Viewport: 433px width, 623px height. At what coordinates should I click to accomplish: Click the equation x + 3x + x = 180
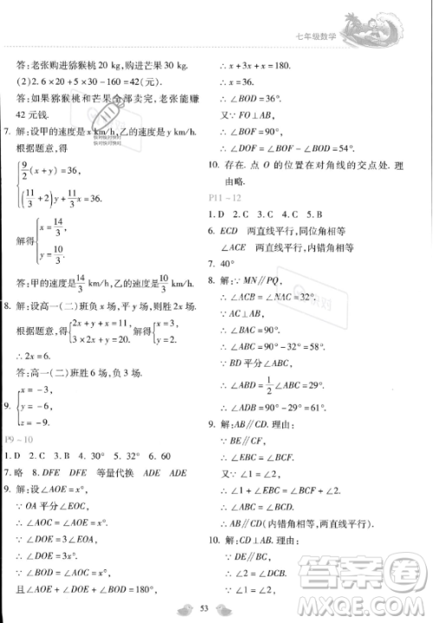tap(271, 66)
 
